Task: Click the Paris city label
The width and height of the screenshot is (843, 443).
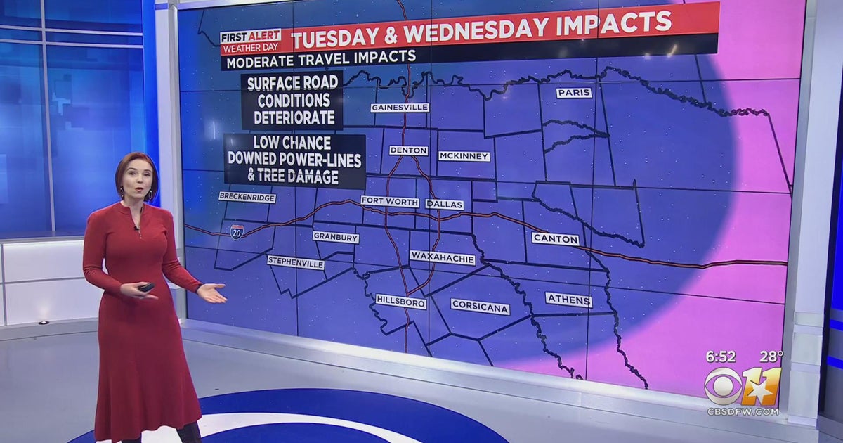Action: (574, 93)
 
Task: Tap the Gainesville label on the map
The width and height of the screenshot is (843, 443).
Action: (400, 108)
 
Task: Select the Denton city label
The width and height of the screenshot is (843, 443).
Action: (408, 150)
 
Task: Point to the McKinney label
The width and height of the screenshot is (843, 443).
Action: (464, 156)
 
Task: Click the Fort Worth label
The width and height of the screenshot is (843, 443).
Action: (390, 202)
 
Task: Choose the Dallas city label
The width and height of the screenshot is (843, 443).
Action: (444, 205)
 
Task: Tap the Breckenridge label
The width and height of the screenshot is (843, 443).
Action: (247, 198)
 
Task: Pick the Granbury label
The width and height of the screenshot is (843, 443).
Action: (335, 238)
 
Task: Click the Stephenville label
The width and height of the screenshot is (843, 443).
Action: (296, 262)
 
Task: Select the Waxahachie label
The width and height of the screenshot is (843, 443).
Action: (443, 258)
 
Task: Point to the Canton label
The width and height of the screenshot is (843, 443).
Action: (556, 239)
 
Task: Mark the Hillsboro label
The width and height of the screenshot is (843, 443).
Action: (401, 301)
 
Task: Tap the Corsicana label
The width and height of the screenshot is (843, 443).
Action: (480, 307)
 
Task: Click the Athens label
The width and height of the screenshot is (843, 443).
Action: (568, 300)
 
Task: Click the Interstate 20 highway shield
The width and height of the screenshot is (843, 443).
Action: (237, 231)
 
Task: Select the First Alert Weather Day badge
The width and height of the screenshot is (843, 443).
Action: (250, 42)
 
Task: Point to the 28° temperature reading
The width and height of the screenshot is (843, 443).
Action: (771, 357)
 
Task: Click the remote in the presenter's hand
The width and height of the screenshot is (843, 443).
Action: (146, 287)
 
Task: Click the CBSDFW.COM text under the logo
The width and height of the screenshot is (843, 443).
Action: (743, 411)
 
